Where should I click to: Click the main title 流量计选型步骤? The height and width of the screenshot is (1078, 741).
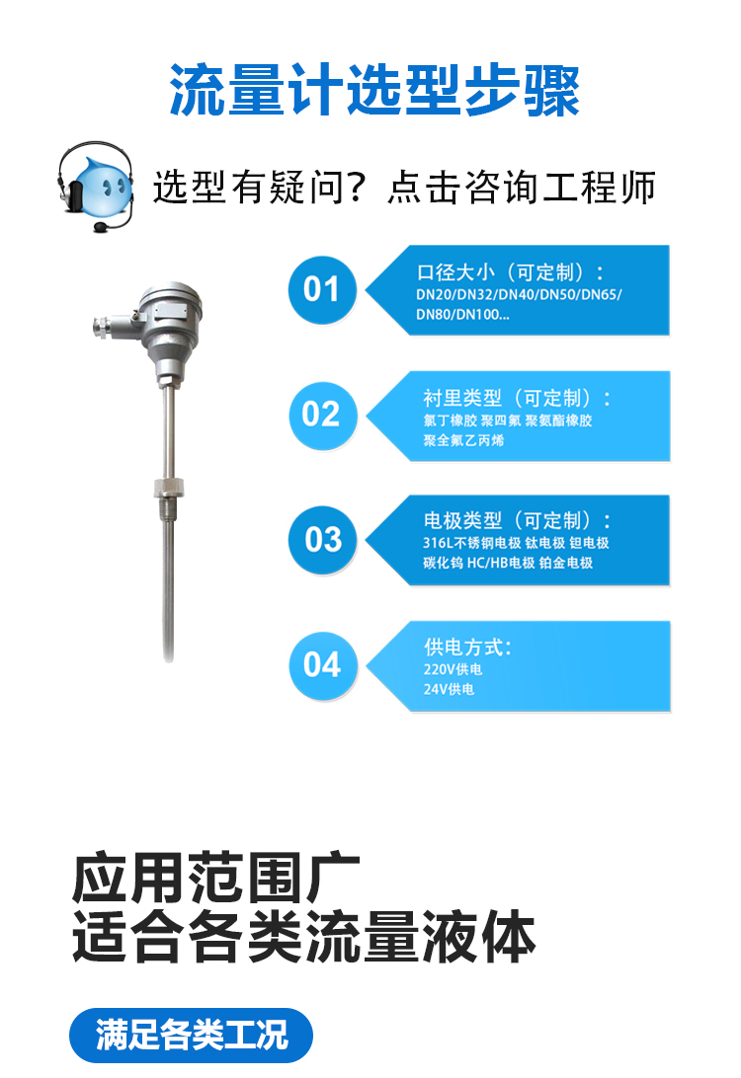[374, 90]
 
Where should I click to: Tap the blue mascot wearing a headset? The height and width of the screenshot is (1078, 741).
[95, 187]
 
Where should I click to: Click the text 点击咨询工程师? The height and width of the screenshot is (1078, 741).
[522, 187]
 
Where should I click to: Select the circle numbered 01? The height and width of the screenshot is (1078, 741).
[322, 289]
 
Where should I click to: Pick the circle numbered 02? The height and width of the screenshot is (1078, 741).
[322, 416]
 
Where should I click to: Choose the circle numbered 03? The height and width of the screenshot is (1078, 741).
[322, 540]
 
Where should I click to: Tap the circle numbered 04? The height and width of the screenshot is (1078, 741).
[322, 665]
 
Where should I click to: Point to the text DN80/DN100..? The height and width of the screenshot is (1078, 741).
[462, 315]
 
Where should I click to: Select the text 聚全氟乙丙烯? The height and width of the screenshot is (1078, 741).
[463, 440]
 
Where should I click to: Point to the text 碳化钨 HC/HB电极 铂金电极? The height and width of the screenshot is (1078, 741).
[508, 563]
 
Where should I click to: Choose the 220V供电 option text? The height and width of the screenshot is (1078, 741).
[453, 669]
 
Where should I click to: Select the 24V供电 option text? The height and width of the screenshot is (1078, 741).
[449, 689]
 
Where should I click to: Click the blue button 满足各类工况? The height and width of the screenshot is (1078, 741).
[192, 1035]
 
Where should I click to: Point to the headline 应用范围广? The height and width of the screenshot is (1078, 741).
[216, 878]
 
